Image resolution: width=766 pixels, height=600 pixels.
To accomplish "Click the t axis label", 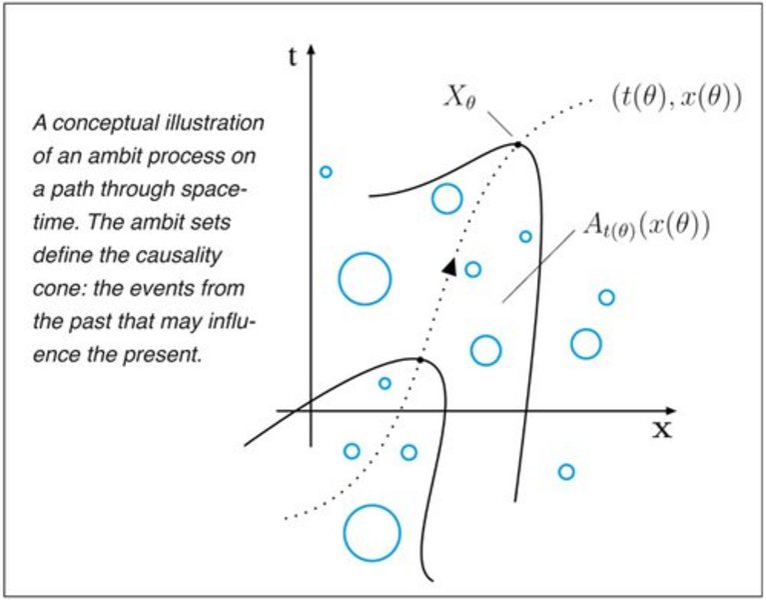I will tap(293, 56).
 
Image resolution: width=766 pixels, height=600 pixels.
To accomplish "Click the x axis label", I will tap(661, 429).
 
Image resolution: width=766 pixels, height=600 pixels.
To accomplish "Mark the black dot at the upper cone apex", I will tap(518, 146).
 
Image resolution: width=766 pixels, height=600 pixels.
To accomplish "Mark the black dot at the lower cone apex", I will tap(420, 358).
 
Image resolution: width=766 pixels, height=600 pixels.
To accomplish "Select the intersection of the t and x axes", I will tap(313, 410).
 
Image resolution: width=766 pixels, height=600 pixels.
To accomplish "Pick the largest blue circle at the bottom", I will tap(372, 532).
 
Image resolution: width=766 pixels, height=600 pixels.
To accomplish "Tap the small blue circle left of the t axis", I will tap(325, 172).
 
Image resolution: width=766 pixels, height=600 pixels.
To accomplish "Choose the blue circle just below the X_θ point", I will tap(446, 199).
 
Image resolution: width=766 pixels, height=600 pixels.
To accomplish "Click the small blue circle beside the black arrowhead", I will tap(473, 269).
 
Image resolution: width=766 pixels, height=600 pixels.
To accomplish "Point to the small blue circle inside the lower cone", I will tap(384, 383).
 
